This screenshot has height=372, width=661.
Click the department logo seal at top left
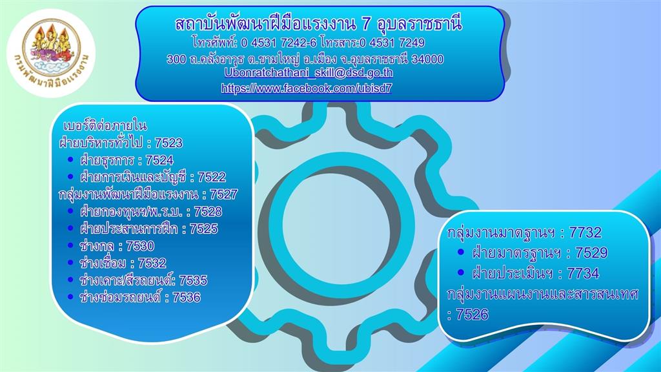point(51,53)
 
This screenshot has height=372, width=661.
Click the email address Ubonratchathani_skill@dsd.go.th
point(309,72)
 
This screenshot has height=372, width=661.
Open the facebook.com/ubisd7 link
point(307,88)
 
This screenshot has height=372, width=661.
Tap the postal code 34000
point(427,59)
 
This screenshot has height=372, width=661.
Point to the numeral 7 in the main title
point(366,25)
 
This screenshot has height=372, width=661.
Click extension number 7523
point(168,143)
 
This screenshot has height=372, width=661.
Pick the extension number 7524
point(159,160)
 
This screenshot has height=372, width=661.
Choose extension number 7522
point(212,177)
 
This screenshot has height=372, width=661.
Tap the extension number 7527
point(224,194)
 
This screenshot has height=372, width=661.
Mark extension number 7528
point(208,211)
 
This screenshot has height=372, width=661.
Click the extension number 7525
point(203,229)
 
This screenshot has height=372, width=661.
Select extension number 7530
point(140,246)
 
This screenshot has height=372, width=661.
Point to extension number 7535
point(193,280)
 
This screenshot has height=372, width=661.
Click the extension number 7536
point(187,297)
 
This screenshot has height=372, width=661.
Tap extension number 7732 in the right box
point(585,232)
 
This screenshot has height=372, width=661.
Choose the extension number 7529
point(591,253)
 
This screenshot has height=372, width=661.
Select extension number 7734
point(583,273)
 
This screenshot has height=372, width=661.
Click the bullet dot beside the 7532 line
point(70,262)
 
